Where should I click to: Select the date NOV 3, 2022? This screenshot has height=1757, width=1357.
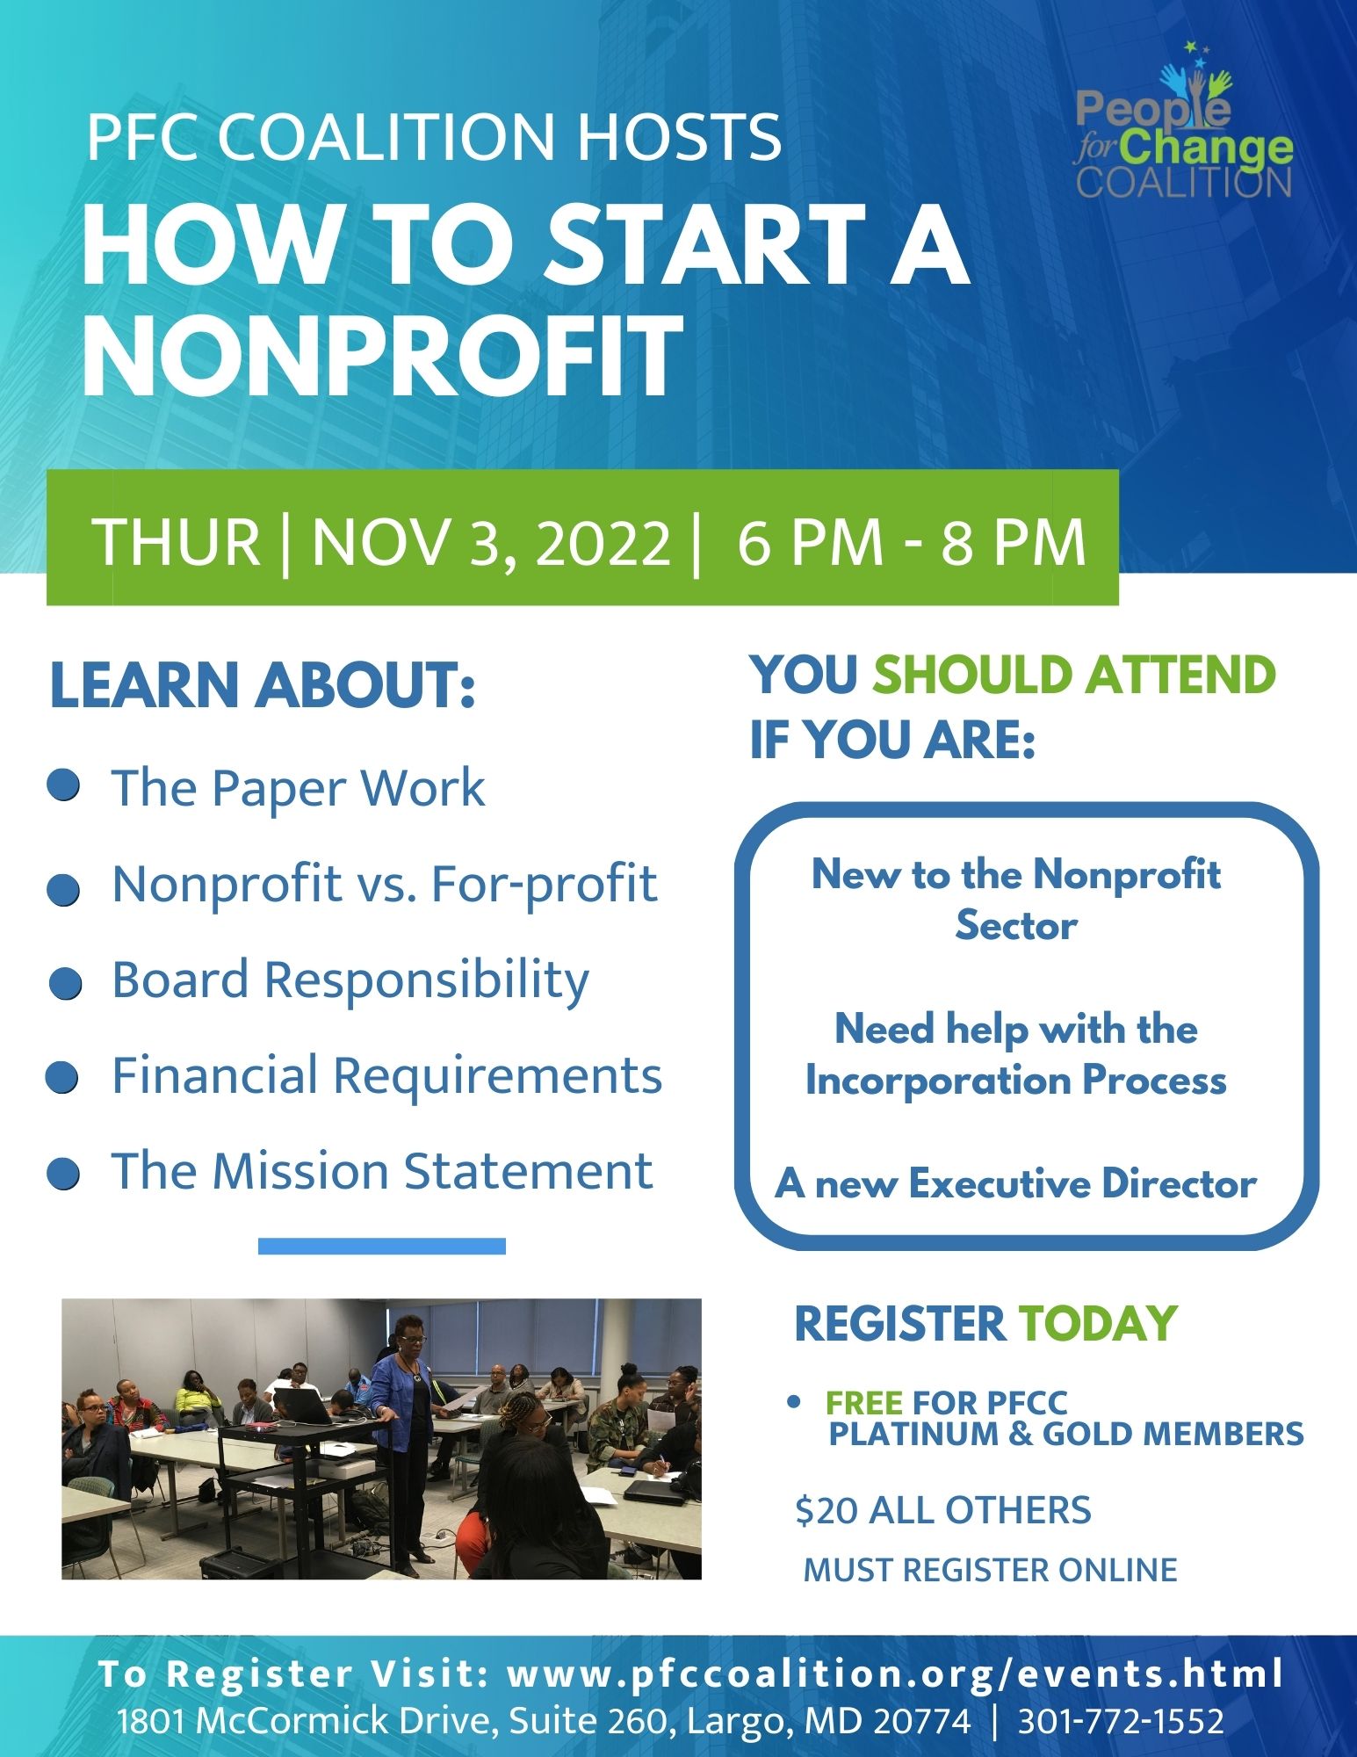[x=491, y=542]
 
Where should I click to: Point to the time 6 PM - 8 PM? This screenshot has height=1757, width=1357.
[x=912, y=542]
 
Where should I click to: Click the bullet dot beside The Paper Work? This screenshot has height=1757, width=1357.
[x=64, y=785]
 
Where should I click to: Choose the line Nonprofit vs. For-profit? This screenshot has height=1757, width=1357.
[x=385, y=883]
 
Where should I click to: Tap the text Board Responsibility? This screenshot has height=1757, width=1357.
[x=350, y=980]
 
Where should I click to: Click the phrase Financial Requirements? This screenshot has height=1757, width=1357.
[x=386, y=1075]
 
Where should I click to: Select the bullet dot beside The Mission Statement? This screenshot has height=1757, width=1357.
[x=63, y=1174]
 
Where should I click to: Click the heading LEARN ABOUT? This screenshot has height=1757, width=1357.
[x=263, y=686]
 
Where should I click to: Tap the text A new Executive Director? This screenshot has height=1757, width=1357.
[x=1015, y=1183]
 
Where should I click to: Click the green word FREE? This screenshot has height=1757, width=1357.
[x=864, y=1403]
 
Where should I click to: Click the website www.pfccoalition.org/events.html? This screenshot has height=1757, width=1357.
[x=895, y=1674]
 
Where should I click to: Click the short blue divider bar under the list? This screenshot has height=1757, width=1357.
[x=382, y=1246]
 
